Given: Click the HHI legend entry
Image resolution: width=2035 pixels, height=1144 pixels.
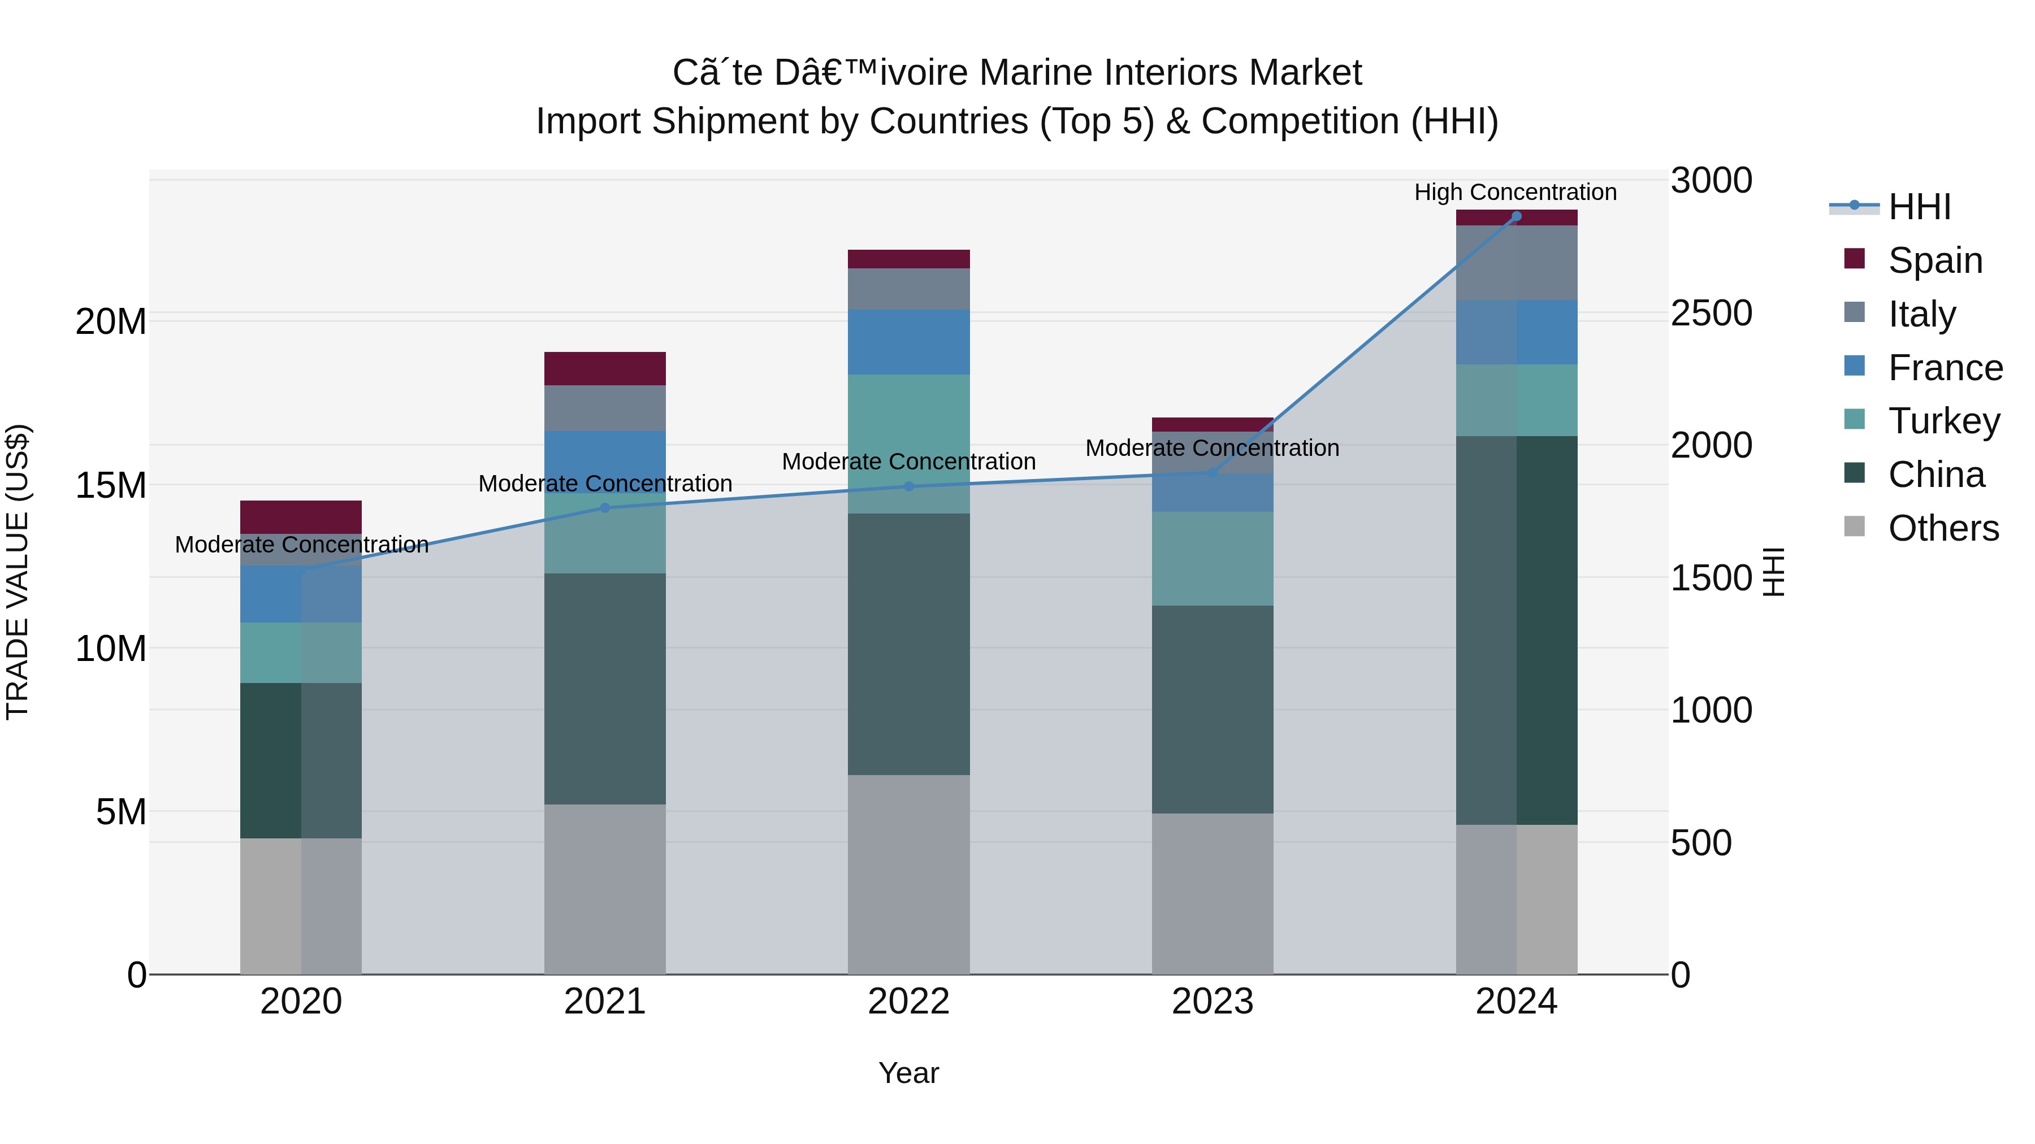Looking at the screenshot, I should coord(1919,207).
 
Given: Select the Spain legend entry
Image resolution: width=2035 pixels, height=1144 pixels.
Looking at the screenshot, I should coord(1935,260).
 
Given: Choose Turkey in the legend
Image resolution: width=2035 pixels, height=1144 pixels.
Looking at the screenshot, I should coord(1943,421).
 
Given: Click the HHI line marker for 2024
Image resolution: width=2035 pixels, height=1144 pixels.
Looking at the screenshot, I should coord(1516,216).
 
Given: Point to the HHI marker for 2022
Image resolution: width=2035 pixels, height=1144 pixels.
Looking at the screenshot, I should coord(908,486).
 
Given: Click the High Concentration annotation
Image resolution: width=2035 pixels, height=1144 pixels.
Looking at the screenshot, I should coord(1515,192).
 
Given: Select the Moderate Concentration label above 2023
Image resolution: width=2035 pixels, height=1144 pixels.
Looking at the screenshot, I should coord(1212,447).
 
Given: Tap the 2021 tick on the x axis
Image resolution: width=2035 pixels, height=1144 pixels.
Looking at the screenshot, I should coord(604,1002).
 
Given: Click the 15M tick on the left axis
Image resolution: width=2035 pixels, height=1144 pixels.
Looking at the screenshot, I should coord(111,485).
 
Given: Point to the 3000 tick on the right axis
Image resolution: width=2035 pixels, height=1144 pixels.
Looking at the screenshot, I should coord(1711,180).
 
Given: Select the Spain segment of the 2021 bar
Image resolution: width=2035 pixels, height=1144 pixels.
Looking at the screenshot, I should coord(604,369).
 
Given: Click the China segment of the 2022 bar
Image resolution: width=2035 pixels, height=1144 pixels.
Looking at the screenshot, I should coord(908,643).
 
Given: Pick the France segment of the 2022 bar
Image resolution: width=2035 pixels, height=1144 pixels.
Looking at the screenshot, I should coord(908,342).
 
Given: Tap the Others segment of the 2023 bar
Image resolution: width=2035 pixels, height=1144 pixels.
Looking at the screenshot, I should coord(1212,893).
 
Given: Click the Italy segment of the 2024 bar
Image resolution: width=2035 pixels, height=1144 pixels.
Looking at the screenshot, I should coord(1516,263).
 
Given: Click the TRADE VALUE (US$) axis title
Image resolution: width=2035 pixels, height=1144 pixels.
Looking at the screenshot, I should coord(18,572).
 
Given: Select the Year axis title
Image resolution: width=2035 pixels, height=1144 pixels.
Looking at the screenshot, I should coord(908,1073).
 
